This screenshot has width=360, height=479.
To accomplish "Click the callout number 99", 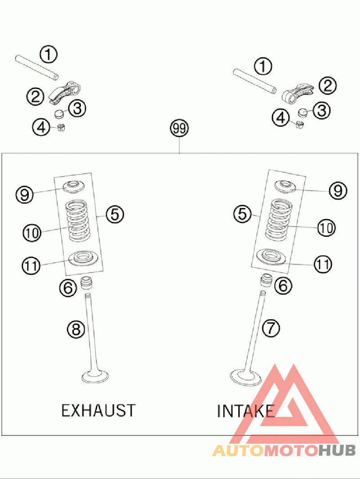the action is pos(179,129).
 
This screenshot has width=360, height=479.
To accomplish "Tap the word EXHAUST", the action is pos(98,410).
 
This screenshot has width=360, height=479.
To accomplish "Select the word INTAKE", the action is pos(246,411).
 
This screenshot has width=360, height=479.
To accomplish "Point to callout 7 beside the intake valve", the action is pos(270,329).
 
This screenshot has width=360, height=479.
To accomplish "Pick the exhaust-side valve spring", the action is pos(78,220).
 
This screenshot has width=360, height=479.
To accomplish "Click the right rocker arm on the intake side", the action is pos(297,91).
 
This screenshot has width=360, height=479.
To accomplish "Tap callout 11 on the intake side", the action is pos(322,264).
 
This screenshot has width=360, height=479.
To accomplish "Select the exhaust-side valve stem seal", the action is pos(85,283).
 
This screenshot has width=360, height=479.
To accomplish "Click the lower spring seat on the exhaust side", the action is pos(83,258).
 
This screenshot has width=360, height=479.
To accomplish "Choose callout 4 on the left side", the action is pos(41,127).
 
